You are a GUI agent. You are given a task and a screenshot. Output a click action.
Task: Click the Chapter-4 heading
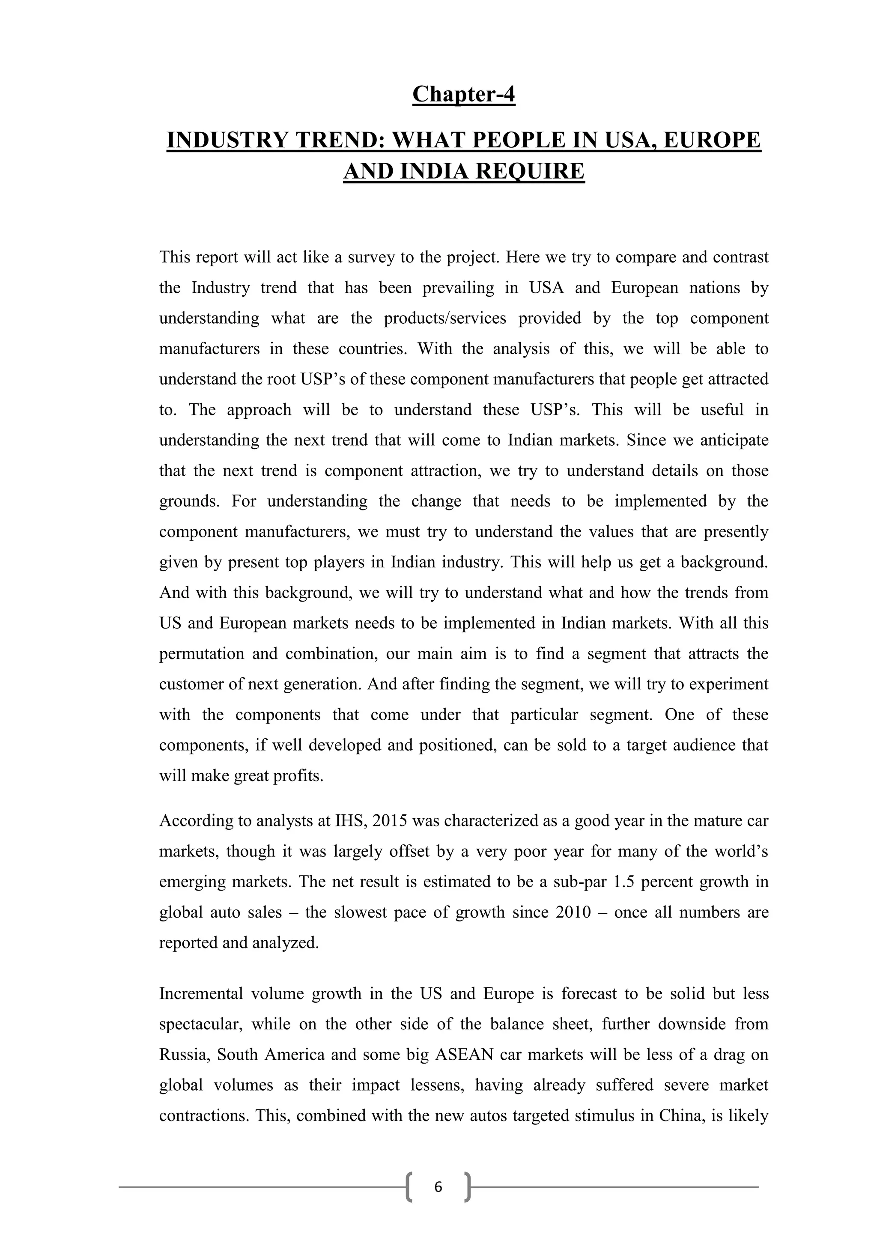(x=463, y=95)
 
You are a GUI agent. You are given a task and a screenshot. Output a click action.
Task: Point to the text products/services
(x=445, y=318)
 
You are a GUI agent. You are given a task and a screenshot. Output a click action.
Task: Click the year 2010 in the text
(x=573, y=912)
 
